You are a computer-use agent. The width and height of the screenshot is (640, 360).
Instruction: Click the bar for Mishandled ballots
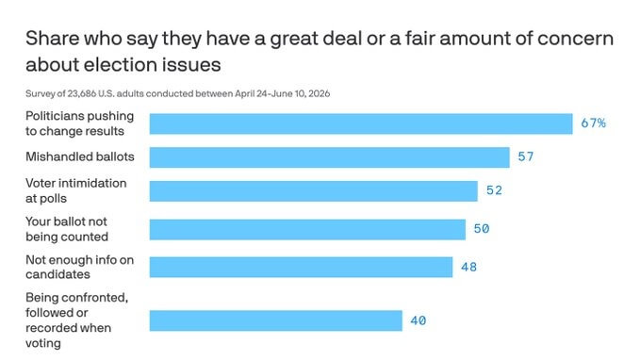click(x=329, y=157)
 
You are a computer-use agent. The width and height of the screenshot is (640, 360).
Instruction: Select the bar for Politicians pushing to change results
click(x=361, y=123)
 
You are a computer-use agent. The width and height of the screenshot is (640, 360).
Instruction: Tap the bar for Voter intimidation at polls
click(x=314, y=191)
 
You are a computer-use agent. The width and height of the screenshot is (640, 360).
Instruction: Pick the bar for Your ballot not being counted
click(x=307, y=229)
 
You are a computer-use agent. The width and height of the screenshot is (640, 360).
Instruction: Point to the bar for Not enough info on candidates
click(x=301, y=267)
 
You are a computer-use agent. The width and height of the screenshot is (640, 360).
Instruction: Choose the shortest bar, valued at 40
click(x=276, y=320)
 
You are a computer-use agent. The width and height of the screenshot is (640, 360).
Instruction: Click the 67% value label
click(x=594, y=123)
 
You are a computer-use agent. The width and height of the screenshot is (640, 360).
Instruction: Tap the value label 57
click(x=526, y=156)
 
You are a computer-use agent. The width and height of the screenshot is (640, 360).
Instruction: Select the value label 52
click(x=494, y=190)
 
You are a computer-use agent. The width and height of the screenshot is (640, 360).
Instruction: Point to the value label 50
click(x=482, y=229)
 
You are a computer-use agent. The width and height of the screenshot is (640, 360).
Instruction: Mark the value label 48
click(x=469, y=267)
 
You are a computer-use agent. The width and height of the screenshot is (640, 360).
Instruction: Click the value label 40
click(x=418, y=320)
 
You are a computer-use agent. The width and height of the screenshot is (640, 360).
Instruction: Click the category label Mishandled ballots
click(x=80, y=156)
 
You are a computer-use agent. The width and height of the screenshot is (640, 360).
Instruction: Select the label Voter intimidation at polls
click(x=76, y=190)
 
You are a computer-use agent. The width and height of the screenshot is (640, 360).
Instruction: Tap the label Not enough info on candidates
click(x=79, y=267)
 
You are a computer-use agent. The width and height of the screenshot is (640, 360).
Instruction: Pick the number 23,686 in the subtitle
click(x=82, y=94)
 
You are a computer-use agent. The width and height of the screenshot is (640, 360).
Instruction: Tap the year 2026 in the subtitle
click(x=319, y=94)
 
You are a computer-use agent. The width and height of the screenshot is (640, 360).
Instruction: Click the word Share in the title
click(x=52, y=39)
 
